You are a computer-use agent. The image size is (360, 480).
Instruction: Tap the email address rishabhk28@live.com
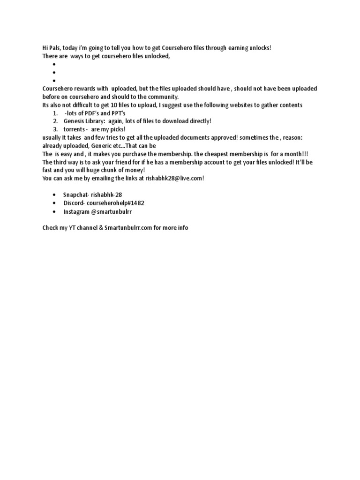[174, 178]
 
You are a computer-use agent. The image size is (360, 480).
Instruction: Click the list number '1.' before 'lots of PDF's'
[55, 113]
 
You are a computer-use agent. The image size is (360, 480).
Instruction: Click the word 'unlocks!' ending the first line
[260, 48]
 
